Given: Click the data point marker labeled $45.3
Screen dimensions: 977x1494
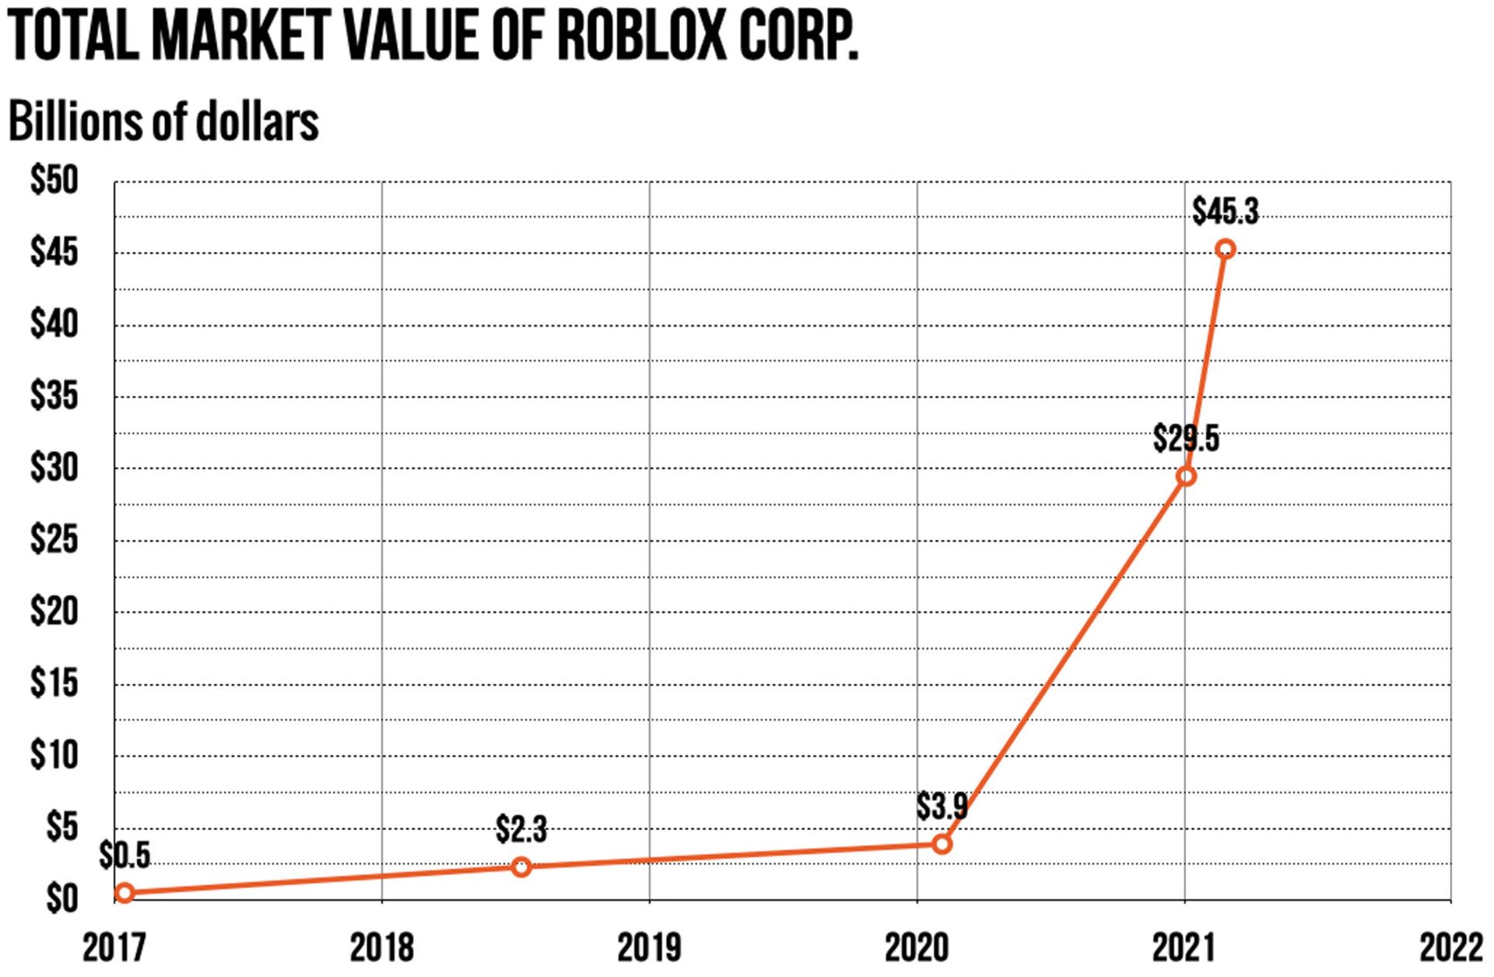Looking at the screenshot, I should pyautogui.click(x=1226, y=250).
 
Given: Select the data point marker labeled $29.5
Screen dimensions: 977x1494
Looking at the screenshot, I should pyautogui.click(x=1186, y=476).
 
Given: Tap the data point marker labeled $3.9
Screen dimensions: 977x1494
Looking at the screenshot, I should pyautogui.click(x=942, y=844).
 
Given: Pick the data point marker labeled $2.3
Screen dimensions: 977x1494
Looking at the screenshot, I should pyautogui.click(x=521, y=867).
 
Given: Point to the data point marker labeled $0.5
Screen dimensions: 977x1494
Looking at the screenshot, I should pyautogui.click(x=124, y=893).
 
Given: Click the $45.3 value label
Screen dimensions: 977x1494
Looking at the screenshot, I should pyautogui.click(x=1226, y=212).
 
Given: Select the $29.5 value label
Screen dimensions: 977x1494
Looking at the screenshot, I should pyautogui.click(x=1186, y=439).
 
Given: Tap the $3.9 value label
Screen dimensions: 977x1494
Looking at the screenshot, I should pyautogui.click(x=942, y=807).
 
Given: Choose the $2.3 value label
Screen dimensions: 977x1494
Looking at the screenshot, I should pyautogui.click(x=521, y=830).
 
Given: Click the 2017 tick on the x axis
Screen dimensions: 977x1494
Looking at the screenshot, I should pyautogui.click(x=114, y=948).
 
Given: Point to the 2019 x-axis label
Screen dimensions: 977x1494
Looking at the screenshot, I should pyautogui.click(x=649, y=948).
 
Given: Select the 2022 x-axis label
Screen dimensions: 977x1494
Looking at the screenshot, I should pyautogui.click(x=1451, y=948).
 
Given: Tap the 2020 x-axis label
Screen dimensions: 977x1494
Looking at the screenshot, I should pyautogui.click(x=917, y=948).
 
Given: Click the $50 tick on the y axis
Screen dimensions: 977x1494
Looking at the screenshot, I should pyautogui.click(x=54, y=181).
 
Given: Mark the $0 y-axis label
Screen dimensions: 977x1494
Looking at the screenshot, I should pyautogui.click(x=62, y=899).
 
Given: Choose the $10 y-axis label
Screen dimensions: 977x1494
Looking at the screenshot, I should pyautogui.click(x=54, y=755).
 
